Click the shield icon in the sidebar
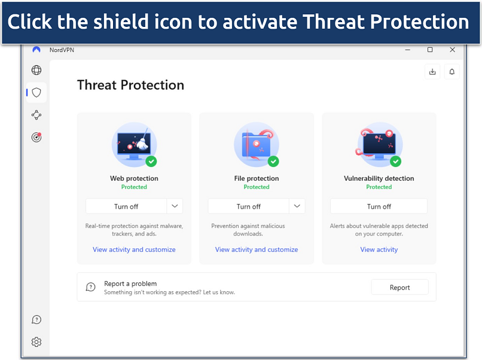[36, 93]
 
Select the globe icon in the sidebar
[36, 70]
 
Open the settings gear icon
[36, 342]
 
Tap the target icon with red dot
[36, 137]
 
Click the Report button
[399, 287]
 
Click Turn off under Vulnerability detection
[379, 206]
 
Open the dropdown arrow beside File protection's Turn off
[297, 206]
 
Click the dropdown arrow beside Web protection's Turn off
[175, 206]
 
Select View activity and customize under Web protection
[134, 249]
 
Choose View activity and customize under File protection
[257, 249]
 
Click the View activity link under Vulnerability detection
[379, 249]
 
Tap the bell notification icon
[452, 72]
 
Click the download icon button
[432, 72]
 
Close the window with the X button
[452, 50]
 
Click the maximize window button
[430, 50]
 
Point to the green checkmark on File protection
[273, 161]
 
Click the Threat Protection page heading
[130, 85]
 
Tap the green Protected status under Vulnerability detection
[379, 187]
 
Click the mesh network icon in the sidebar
[36, 115]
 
